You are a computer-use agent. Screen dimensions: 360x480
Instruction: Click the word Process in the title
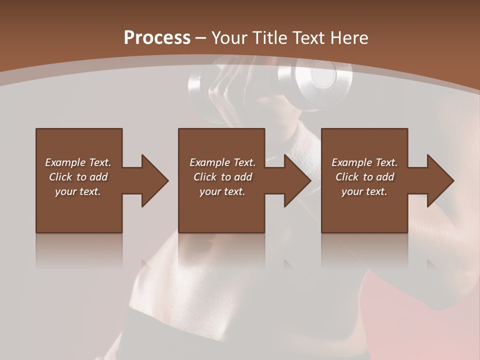coord(157,38)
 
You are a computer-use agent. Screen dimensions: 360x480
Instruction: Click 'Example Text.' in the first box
coord(78,162)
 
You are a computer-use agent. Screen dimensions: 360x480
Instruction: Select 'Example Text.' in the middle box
coord(222,162)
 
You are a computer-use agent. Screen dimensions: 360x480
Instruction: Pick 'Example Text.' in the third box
coord(364,162)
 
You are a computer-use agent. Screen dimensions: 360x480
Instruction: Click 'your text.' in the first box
coord(78,191)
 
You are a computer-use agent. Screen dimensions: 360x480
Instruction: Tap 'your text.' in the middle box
coord(222,191)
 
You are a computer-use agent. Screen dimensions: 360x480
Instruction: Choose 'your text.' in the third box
coord(364,191)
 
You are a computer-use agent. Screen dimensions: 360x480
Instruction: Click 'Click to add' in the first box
coord(78,177)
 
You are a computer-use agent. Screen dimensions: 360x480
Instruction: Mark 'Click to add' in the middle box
coord(222,177)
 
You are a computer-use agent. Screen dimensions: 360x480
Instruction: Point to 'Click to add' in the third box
coord(364,177)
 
